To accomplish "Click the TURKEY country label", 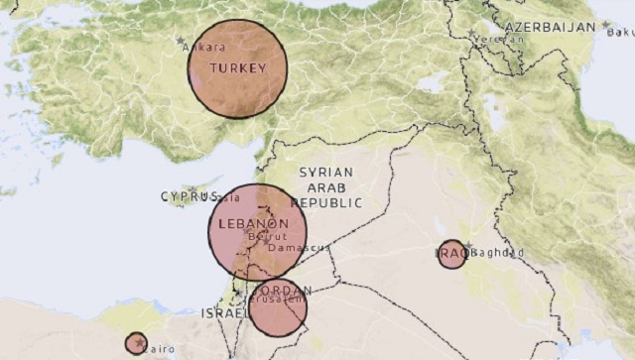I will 237,68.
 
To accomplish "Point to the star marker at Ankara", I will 180,40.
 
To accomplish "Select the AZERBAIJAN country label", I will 551,26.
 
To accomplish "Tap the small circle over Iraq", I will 451,254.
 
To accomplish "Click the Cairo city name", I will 159,349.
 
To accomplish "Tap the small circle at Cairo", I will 136,343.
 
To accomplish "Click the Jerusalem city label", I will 277,299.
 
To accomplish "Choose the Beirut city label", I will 265,237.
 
